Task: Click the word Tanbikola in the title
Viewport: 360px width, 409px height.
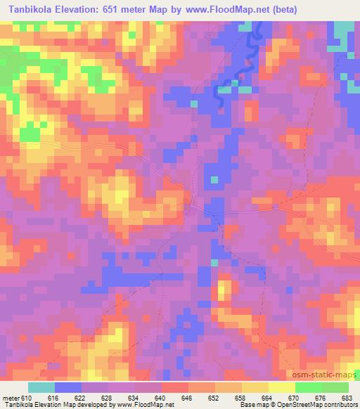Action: (x=29, y=10)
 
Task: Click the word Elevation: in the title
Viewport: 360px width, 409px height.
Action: (x=81, y=10)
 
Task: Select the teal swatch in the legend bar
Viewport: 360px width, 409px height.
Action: (x=41, y=388)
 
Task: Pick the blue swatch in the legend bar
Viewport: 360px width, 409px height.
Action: (x=68, y=388)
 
